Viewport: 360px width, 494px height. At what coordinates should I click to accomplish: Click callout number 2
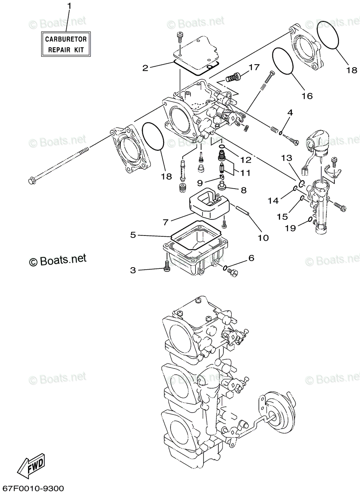click(145, 68)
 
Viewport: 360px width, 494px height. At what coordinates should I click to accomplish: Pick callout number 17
click(253, 67)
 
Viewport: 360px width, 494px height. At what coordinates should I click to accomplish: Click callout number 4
click(290, 112)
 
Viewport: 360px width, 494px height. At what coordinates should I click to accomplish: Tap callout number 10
click(263, 238)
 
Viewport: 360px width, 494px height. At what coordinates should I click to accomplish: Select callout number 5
click(133, 235)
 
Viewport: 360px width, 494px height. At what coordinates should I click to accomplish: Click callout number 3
click(133, 270)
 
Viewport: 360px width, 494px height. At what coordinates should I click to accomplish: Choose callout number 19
click(290, 227)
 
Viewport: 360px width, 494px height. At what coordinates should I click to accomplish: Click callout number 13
click(286, 158)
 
